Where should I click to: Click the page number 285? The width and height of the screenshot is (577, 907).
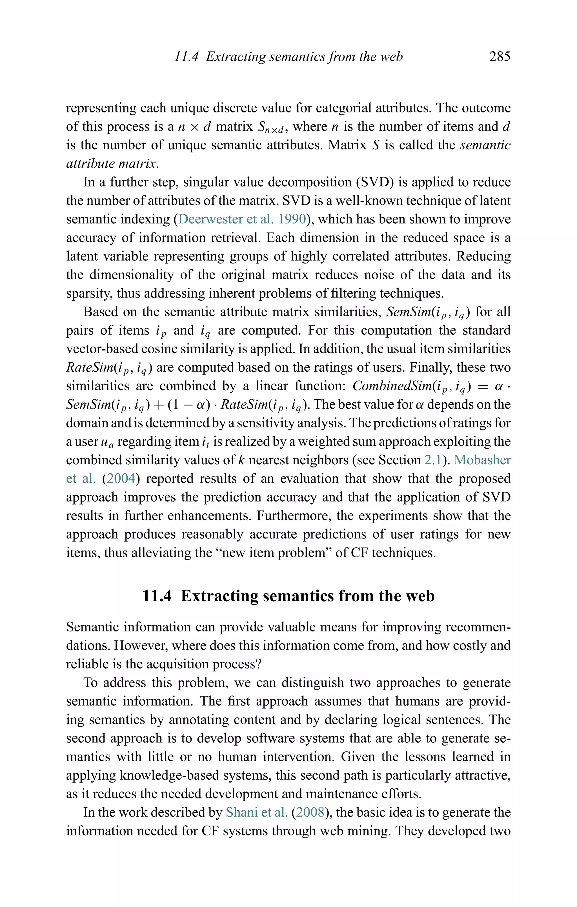coord(500,57)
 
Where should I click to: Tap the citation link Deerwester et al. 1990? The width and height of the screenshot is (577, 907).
coord(242,219)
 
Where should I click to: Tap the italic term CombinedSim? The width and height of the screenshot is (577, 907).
coord(392,386)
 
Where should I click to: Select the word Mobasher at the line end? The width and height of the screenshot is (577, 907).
coord(482,460)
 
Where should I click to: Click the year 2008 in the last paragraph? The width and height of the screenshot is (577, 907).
coord(310,812)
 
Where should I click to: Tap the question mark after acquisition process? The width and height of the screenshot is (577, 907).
coord(258,664)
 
